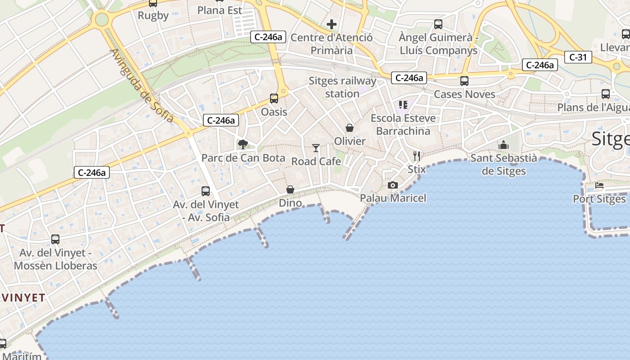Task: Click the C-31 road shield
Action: [578, 57]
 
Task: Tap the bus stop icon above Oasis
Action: [274, 99]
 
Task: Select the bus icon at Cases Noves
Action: [464, 81]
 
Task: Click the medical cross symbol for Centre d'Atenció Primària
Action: [332, 24]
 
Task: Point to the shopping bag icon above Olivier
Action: [350, 128]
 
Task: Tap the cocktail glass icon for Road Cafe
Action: [316, 148]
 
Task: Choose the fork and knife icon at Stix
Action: [417, 156]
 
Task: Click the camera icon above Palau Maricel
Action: [393, 185]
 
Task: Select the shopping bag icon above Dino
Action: [290, 189]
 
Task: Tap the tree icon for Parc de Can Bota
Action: [243, 144]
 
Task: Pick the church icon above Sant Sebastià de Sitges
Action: [503, 145]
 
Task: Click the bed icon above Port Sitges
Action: [599, 185]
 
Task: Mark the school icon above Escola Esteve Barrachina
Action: [403, 105]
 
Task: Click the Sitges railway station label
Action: [342, 87]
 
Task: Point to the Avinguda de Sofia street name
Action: [141, 86]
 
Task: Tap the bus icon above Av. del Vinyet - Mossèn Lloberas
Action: [55, 239]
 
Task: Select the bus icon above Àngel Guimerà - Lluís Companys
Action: [438, 24]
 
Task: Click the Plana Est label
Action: [220, 10]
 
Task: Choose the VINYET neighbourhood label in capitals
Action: [23, 297]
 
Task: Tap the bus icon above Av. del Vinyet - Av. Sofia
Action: [206, 191]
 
